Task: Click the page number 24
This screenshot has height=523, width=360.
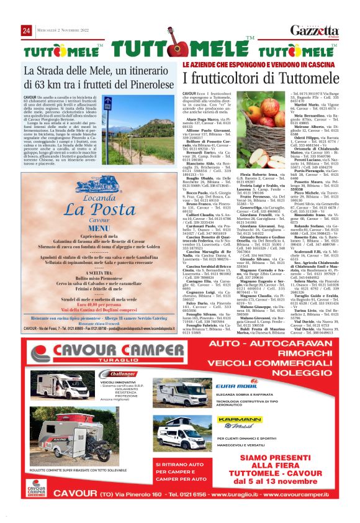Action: click(x=27, y=30)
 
